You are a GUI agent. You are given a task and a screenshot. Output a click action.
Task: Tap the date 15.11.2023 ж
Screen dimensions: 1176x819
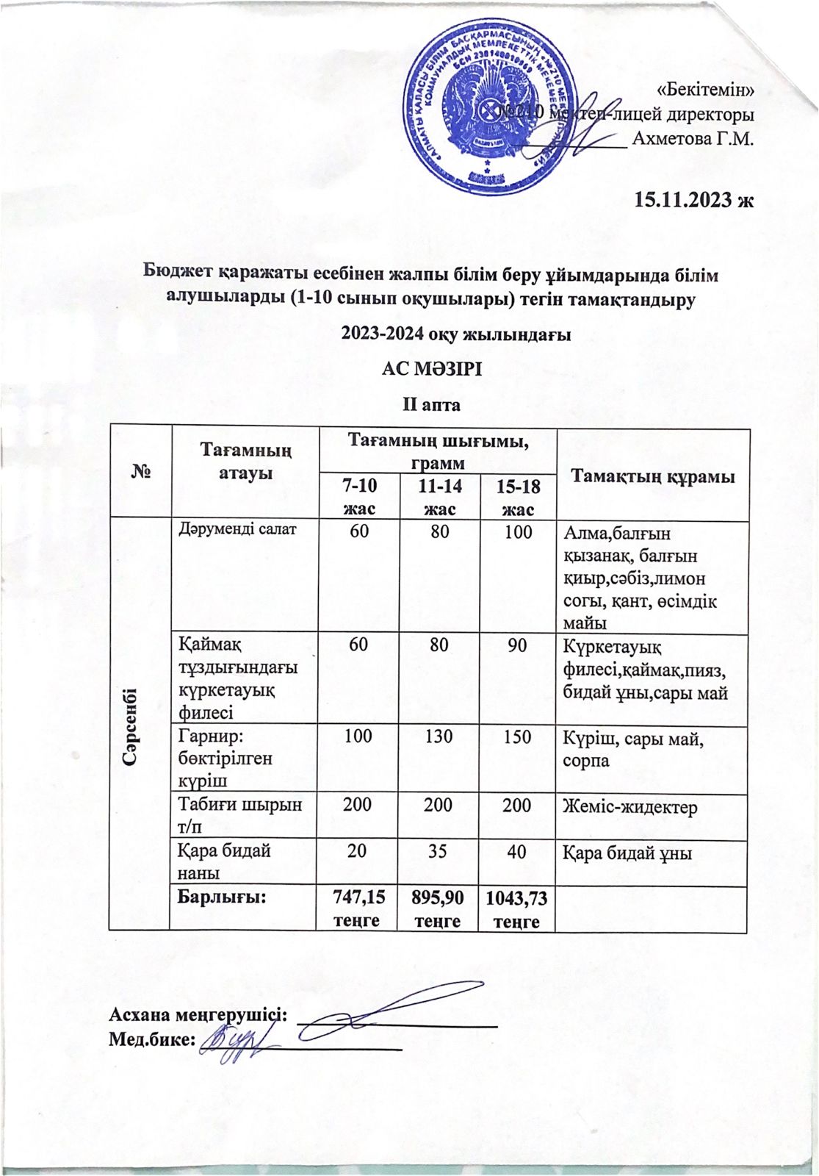click(x=694, y=198)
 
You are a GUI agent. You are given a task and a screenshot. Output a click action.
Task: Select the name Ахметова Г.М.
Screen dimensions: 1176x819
click(x=694, y=138)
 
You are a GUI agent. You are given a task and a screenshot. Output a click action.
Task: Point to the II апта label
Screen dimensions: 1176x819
click(x=430, y=404)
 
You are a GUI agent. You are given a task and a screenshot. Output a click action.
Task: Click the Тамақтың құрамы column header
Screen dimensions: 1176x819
click(x=653, y=476)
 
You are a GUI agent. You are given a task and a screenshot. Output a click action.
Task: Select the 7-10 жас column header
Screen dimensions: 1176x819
click(x=359, y=497)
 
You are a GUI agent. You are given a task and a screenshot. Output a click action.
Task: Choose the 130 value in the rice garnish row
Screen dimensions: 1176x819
click(x=439, y=736)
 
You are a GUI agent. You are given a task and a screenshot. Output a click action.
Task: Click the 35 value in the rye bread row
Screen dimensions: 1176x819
click(x=439, y=851)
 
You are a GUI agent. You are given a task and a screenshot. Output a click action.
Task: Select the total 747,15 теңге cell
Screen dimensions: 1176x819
click(x=356, y=908)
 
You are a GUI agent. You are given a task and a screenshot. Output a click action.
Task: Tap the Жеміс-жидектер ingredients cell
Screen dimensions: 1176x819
click(x=629, y=806)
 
